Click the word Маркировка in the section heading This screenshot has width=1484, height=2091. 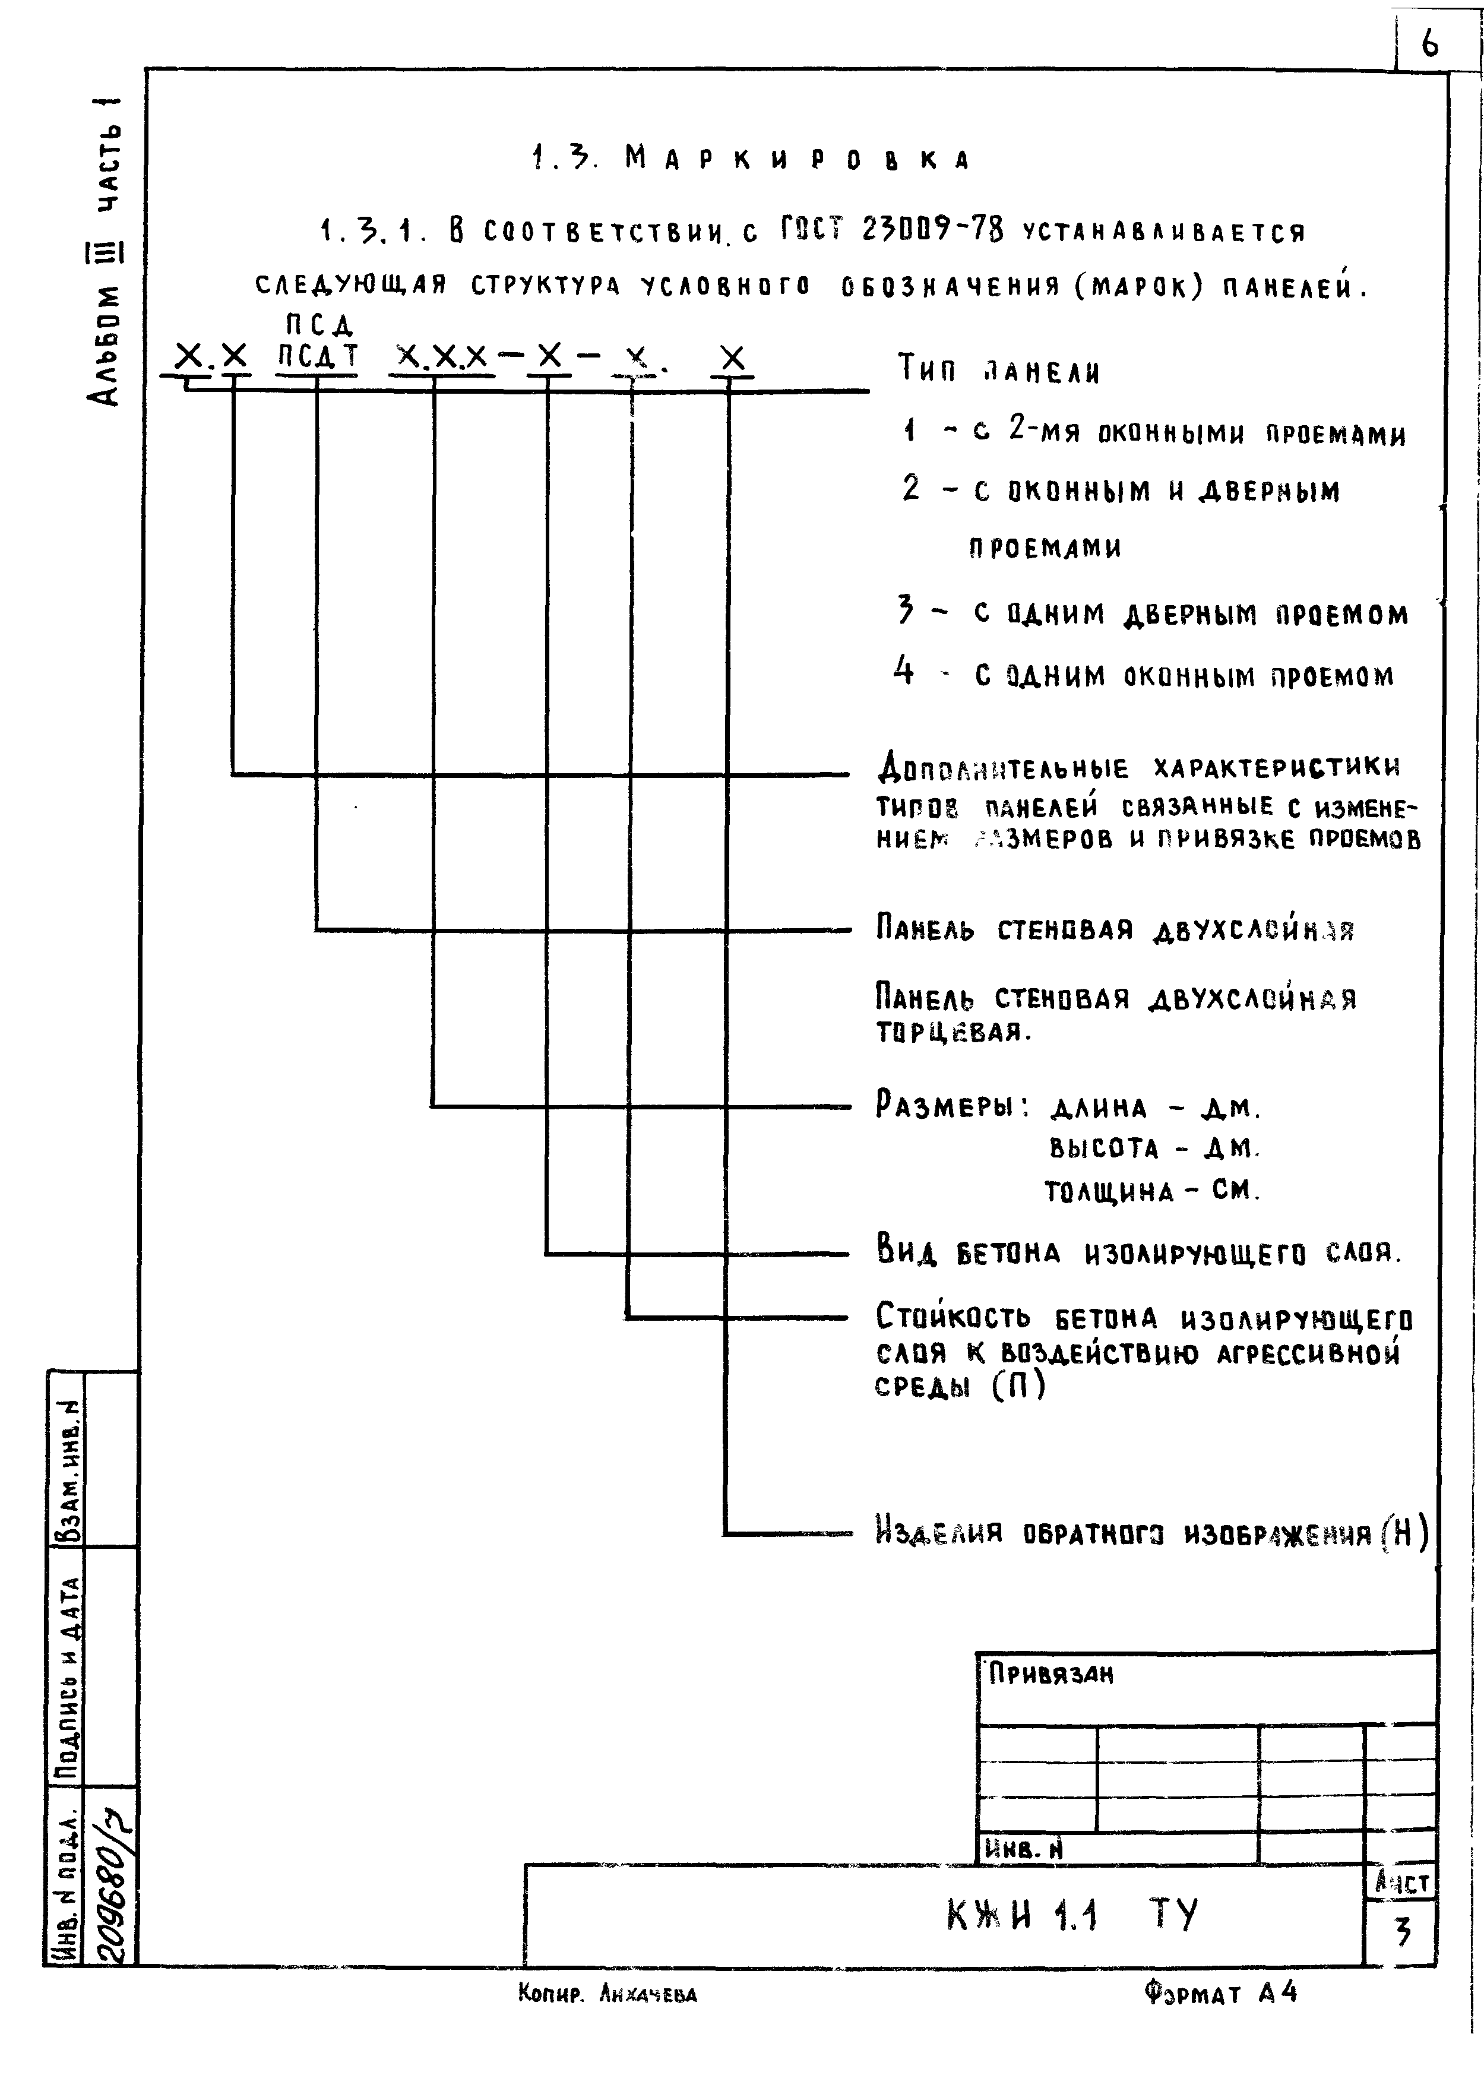[x=797, y=159]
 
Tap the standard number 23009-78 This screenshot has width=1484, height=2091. [x=932, y=230]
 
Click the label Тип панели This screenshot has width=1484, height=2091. [x=999, y=369]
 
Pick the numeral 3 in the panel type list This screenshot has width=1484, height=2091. [x=906, y=609]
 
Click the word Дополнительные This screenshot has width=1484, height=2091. [x=1002, y=768]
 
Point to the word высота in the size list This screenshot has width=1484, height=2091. [x=1104, y=1148]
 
